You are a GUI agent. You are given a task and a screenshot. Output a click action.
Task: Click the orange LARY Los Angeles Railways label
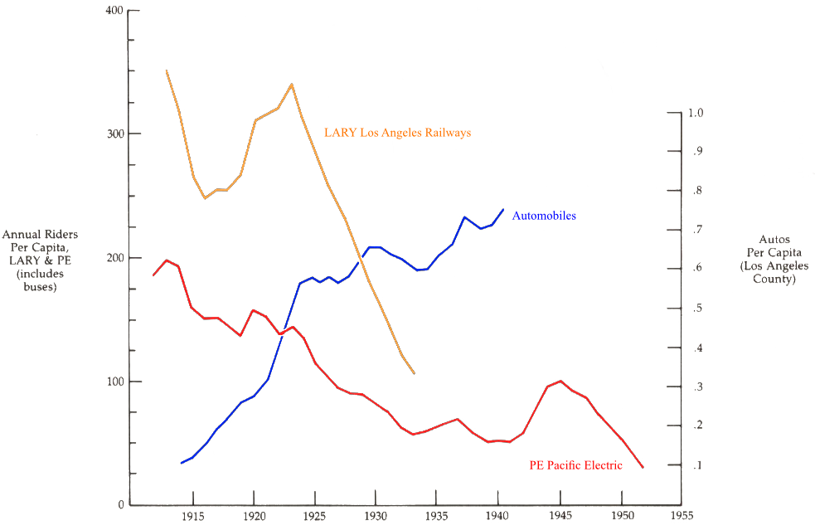tap(397, 132)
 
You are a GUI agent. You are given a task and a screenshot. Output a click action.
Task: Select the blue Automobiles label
tap(544, 216)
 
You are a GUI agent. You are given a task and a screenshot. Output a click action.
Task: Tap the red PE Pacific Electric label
tap(575, 465)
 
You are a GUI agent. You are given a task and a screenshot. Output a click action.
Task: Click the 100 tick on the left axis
tap(114, 382)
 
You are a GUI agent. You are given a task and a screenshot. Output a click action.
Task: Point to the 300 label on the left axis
tap(114, 134)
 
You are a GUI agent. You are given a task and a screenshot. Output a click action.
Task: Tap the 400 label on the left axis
tap(114, 11)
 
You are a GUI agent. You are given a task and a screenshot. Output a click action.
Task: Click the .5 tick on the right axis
tap(697, 309)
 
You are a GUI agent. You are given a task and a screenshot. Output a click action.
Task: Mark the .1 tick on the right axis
tap(697, 466)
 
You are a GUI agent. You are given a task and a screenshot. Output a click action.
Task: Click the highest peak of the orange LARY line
tap(292, 84)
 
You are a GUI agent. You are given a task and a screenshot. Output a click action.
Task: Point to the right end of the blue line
tap(502, 208)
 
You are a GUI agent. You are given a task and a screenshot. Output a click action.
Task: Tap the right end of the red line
tap(643, 467)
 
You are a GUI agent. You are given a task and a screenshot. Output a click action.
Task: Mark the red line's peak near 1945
tap(561, 381)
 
